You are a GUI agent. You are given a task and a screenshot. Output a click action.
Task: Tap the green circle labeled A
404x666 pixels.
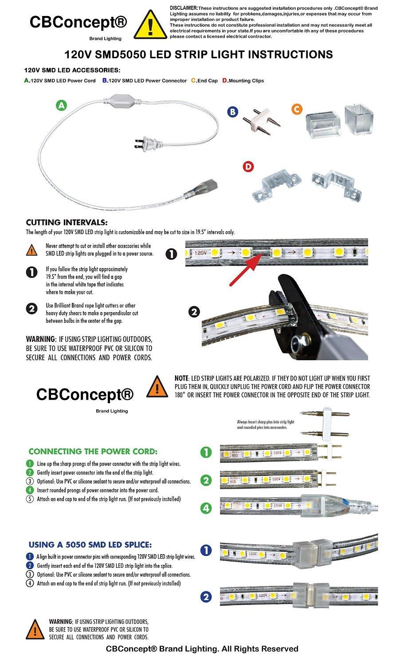pos(62,105)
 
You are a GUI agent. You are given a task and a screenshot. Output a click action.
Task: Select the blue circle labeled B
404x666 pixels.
pos(232,111)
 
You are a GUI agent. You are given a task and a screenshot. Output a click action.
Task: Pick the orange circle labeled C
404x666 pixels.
pos(298,110)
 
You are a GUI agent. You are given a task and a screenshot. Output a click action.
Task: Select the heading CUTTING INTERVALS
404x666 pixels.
pos(67,222)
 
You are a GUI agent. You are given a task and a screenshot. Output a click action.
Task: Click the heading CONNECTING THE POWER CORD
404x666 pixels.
pos(93,452)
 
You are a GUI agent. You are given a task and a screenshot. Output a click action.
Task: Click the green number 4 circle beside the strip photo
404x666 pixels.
pos(206,507)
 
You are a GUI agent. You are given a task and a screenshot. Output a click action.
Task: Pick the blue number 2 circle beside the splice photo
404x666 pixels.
pos(206,597)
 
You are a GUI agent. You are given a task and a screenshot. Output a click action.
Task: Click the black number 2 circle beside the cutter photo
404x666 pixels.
pos(194,312)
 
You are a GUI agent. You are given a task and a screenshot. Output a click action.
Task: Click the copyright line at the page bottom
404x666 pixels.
pos(202,649)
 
